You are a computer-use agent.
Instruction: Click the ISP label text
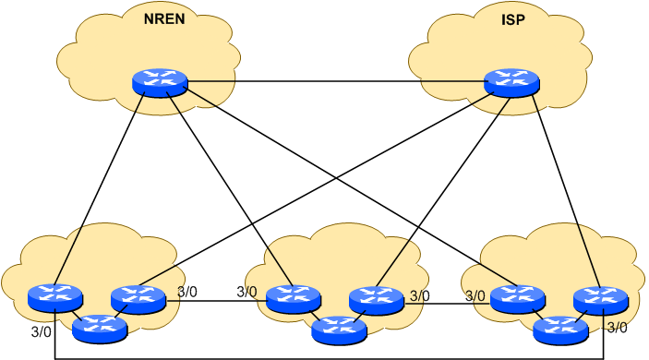click(511, 18)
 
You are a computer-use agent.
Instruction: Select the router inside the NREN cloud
click(160, 82)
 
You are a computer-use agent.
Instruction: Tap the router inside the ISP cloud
click(512, 82)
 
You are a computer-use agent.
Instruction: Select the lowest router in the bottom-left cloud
click(99, 327)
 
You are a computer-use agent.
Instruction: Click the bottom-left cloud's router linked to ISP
click(138, 298)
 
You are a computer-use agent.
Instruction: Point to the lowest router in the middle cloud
click(338, 329)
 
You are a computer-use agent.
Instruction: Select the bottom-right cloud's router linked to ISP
click(600, 299)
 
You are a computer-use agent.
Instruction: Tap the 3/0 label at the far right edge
click(616, 327)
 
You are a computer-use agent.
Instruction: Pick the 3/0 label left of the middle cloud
click(246, 293)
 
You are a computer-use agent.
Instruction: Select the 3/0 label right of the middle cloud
click(420, 296)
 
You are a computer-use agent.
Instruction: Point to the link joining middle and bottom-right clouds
click(446, 302)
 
